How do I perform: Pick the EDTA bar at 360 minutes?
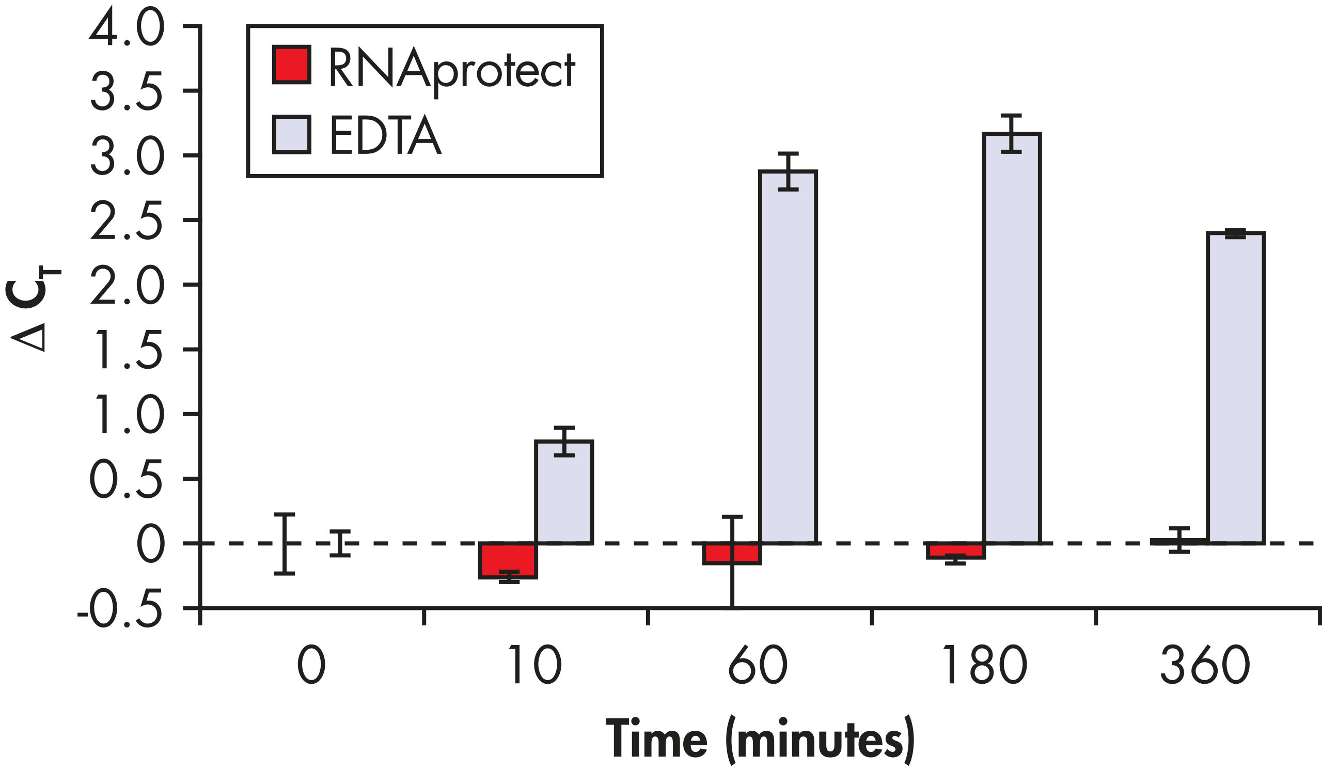(x=1235, y=388)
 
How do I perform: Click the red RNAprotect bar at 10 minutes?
(x=508, y=560)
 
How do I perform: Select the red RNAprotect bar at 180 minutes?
(x=955, y=550)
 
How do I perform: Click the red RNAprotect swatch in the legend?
(x=292, y=65)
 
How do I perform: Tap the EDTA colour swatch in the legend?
(x=292, y=134)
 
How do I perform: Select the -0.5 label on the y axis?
(x=120, y=609)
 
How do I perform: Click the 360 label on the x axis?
(x=1205, y=665)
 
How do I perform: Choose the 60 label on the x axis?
(x=758, y=665)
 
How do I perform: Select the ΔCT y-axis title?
(x=33, y=309)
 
